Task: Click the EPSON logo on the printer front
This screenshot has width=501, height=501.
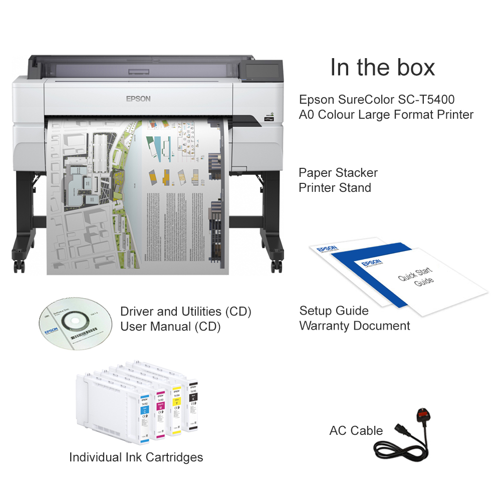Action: [x=138, y=98]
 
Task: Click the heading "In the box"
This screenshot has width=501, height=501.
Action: [x=382, y=67]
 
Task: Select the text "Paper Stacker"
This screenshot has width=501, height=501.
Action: [x=338, y=173]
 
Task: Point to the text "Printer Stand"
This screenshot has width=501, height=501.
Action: [x=335, y=188]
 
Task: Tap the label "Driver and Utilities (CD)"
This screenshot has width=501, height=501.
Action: [x=185, y=312]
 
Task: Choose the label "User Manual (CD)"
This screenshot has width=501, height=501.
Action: [x=170, y=327]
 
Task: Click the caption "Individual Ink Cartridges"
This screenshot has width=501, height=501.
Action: [x=136, y=457]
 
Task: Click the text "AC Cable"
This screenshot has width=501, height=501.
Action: [x=356, y=430]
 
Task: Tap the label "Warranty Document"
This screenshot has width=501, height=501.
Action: [x=354, y=326]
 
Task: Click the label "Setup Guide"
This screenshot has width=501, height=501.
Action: [x=334, y=311]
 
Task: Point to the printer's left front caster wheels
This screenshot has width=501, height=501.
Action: [x=19, y=266]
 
